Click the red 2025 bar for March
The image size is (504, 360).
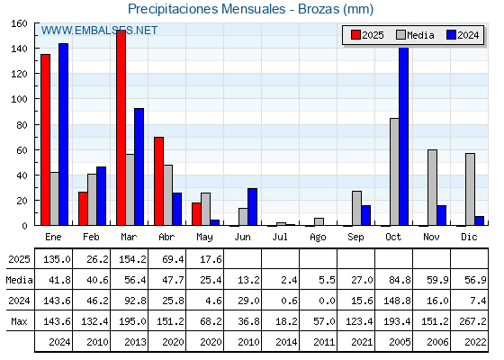coord(121,128)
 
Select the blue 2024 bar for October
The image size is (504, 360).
coord(404,136)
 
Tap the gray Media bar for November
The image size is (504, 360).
coord(432,187)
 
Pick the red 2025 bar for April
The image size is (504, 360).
coord(158,181)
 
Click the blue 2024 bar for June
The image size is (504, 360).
coord(252,207)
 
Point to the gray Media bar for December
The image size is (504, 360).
coord(470,189)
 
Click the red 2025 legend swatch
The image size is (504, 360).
coord(355,35)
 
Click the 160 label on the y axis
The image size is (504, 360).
coord(19,23)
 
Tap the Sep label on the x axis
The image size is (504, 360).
coord(355,238)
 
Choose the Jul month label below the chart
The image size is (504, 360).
coord(280,238)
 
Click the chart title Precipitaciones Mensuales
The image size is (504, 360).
coord(207,9)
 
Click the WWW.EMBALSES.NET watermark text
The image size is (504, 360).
coord(99,31)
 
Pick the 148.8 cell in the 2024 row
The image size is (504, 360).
coord(397,301)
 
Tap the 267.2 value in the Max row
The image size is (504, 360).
coord(472,321)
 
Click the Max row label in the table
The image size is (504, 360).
coord(19,321)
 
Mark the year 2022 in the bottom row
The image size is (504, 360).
coord(475,342)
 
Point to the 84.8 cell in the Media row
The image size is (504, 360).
coord(400,280)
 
